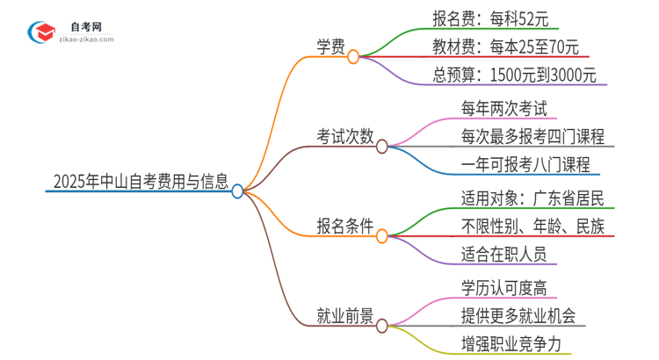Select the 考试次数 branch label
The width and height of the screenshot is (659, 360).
pos(345,137)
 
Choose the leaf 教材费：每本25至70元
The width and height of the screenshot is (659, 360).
pos(506,47)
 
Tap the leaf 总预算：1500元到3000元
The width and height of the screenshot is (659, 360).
pos(515,76)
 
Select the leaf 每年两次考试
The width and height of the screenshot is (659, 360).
pos(503,109)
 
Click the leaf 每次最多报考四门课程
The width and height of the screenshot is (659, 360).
pos(532,137)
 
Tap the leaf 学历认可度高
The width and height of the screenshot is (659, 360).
pos(503,287)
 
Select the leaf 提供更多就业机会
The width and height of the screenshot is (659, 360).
pos(518,315)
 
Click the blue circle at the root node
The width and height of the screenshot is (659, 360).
pos(237,191)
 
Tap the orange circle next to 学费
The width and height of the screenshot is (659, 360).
pos(353,57)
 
